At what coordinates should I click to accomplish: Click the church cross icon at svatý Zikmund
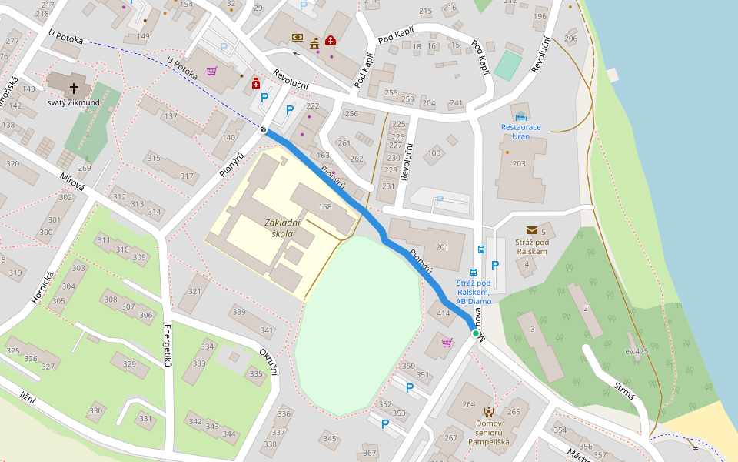(x=75, y=87)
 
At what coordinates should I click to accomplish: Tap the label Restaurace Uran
(x=520, y=131)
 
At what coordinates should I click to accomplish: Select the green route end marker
(x=476, y=333)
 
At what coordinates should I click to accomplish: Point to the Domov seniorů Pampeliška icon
(x=489, y=412)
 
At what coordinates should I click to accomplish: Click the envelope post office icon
(x=531, y=230)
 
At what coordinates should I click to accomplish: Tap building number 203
(x=519, y=163)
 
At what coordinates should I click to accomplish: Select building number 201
(x=441, y=246)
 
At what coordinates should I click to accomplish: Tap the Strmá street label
(x=625, y=390)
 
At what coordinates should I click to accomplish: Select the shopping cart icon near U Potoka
(x=211, y=71)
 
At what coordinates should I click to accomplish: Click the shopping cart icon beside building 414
(x=447, y=343)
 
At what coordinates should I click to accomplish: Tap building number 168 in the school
(x=325, y=206)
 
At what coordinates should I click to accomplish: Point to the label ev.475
(x=637, y=351)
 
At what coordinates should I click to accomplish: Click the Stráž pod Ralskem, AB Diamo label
(x=474, y=292)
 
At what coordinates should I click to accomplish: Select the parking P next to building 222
(x=289, y=110)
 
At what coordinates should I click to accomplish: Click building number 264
(x=468, y=404)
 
